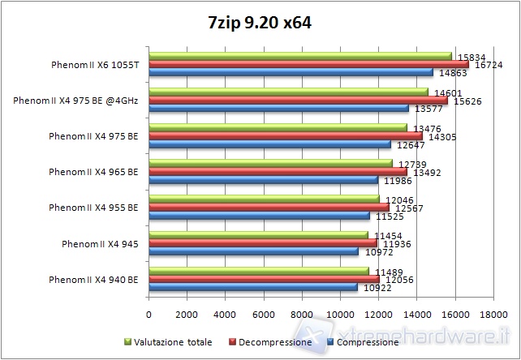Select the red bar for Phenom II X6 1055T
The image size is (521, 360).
308,64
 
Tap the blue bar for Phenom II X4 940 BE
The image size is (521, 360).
253,287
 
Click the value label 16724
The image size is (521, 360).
486,64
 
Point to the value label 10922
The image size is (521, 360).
375,287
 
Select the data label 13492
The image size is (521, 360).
424,172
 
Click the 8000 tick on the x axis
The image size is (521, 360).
302,314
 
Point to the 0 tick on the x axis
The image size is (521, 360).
149,314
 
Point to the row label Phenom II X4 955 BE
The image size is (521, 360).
93,207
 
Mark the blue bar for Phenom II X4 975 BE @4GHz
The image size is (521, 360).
278,109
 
